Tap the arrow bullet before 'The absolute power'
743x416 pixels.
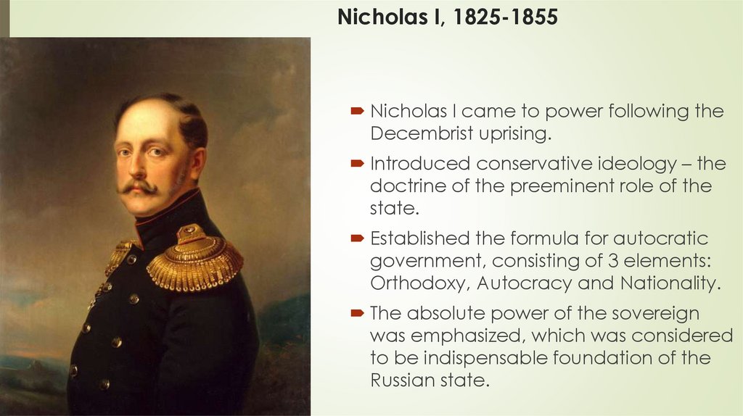tap(358, 315)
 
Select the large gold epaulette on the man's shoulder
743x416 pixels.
tap(194, 257)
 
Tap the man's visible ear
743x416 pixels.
tap(197, 161)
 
